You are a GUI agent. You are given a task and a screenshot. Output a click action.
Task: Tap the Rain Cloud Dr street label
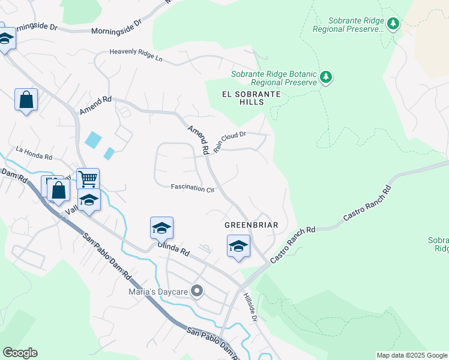point(231,142)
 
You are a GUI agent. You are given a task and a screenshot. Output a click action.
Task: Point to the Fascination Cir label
point(193,188)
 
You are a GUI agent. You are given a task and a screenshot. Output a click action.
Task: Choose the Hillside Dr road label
point(250,307)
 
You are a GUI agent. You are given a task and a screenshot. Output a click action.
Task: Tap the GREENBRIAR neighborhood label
point(251,225)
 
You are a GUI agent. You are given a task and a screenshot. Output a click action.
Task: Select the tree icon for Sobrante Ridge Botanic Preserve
point(326,77)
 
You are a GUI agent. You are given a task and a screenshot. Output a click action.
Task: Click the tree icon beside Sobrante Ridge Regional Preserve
point(393,23)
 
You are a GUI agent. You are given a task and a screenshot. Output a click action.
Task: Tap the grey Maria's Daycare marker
point(196,292)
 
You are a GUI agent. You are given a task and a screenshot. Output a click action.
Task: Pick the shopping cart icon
point(88,178)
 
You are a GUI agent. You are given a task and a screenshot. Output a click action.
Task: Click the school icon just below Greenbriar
point(238,246)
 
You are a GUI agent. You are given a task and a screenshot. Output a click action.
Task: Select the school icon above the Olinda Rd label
point(161,228)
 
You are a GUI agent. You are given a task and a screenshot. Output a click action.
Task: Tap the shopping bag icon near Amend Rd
point(26,100)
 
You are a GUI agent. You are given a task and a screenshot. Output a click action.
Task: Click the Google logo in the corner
point(20,353)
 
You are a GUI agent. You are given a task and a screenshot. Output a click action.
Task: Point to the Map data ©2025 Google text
point(412,355)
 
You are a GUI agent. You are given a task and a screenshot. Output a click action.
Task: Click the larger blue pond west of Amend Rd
point(93,140)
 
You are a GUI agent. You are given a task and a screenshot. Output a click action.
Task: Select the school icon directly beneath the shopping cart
point(89,200)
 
